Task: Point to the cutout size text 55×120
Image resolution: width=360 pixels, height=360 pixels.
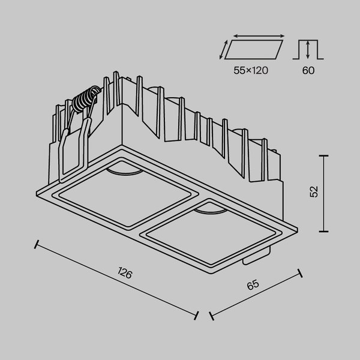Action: [251, 70]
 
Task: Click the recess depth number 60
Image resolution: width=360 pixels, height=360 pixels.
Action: [308, 70]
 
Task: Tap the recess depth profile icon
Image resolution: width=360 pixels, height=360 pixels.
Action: [308, 49]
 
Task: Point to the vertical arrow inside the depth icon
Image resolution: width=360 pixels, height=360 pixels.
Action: [308, 49]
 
